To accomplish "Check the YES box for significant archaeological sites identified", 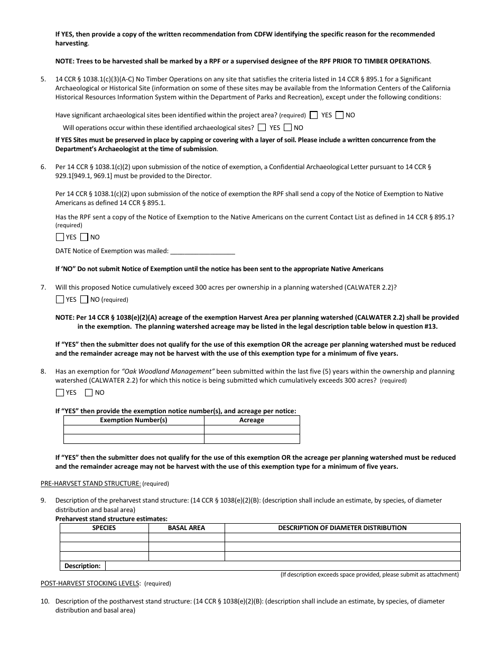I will point(314,115).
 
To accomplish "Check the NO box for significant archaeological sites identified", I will point(339,115).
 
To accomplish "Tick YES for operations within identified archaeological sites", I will point(262,127).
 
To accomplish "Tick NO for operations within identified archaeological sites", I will point(287,127).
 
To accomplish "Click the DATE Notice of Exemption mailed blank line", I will point(203,252).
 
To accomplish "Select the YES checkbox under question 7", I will point(60,300).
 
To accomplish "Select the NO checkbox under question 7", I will point(85,300).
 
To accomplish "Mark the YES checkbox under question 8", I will point(60,393).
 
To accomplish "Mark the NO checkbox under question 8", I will point(89,393).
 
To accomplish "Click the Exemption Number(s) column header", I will point(134,420).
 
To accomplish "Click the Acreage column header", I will point(252,420).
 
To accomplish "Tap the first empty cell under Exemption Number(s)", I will point(134,430).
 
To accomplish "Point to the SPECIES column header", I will point(104,528).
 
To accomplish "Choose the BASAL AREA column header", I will point(187,528).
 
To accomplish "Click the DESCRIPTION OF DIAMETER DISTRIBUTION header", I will point(342,528).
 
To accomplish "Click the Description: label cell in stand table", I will point(82,566).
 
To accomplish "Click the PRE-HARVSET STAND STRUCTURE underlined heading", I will point(90,484).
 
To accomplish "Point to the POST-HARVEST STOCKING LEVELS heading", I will point(90,583).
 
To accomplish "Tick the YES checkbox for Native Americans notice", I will point(60,237).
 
